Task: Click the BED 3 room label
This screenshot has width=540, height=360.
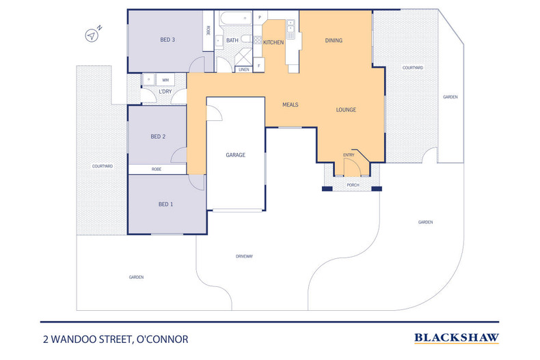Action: point(167,40)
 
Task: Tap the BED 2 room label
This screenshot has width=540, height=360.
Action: point(158,137)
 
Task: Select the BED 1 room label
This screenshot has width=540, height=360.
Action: point(166,204)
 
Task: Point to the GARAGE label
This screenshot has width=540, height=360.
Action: point(235,155)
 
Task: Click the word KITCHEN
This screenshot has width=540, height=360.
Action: point(273,42)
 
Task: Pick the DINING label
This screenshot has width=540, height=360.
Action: point(334,41)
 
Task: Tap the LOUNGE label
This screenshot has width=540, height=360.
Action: point(346,110)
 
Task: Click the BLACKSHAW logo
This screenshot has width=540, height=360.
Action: point(457,337)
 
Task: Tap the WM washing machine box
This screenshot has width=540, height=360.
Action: point(165,80)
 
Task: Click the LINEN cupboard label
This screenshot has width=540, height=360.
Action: point(244,69)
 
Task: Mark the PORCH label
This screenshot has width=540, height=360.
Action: point(353,185)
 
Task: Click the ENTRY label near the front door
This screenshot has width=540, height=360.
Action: point(349,156)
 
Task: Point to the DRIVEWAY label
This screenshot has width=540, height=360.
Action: point(245,256)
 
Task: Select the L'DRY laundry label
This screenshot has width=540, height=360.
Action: point(165,92)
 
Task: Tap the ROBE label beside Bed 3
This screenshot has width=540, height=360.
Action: point(207,31)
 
